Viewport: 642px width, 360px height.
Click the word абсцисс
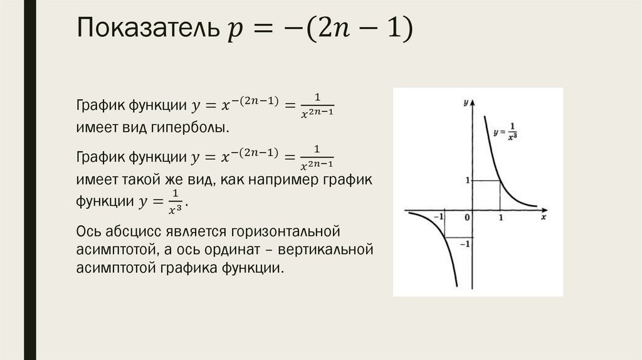[x=130, y=231]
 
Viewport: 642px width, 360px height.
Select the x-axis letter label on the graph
[x=544, y=217]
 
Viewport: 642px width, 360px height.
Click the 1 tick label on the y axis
[x=467, y=181]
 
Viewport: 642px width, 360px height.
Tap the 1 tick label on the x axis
[x=500, y=217]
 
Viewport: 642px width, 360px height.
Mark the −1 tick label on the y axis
[x=465, y=244]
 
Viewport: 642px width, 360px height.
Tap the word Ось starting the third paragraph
[x=87, y=231]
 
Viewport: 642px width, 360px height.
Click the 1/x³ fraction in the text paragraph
[x=176, y=199]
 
